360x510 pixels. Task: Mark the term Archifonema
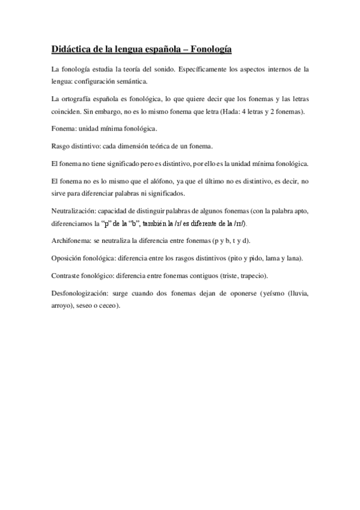pos(73,241)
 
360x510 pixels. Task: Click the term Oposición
pos(68,258)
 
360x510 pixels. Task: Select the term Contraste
pos(67,275)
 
